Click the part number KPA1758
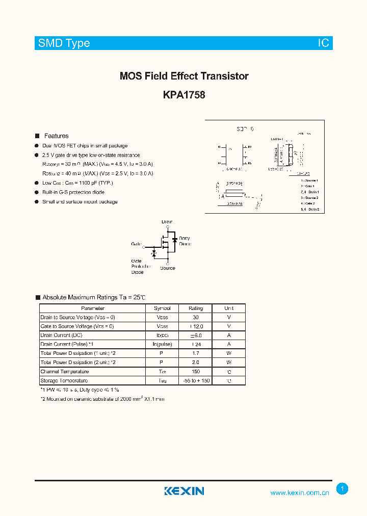tap(184, 94)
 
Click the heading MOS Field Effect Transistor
tap(184, 76)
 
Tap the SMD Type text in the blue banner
tap(64, 43)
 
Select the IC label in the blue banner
tap(323, 43)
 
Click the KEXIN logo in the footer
tap(184, 491)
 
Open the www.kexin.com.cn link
tap(299, 493)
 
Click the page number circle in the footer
tap(343, 489)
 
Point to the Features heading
tap(56, 136)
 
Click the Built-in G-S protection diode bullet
tap(73, 192)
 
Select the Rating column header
tap(196, 308)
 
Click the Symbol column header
tap(162, 308)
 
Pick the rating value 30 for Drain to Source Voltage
tap(196, 317)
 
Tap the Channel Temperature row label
tap(64, 372)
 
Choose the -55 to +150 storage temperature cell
tap(196, 381)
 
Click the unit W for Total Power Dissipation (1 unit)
tap(229, 353)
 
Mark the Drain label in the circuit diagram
tap(167, 222)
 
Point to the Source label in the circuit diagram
tap(167, 268)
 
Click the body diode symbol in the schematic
tap(174, 239)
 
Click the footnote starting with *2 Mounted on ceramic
tap(102, 399)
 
